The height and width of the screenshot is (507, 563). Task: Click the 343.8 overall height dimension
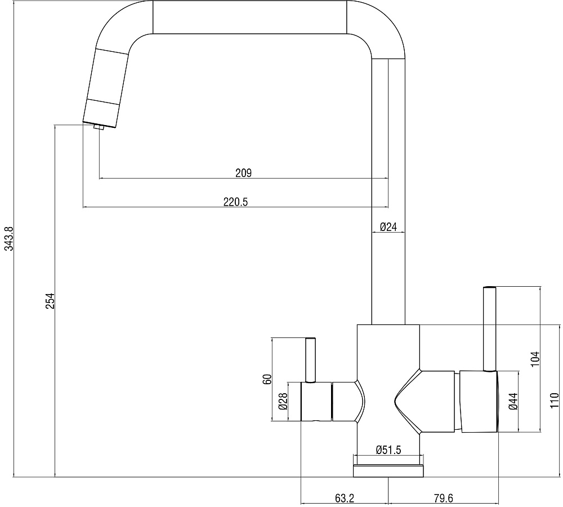tap(8, 239)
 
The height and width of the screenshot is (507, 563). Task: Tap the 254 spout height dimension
tap(50, 301)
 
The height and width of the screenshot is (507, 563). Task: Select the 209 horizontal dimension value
tap(243, 173)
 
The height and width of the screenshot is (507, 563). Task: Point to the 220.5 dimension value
tap(235, 202)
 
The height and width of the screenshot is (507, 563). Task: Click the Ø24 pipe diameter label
tap(388, 226)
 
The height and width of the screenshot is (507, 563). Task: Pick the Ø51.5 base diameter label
tap(388, 450)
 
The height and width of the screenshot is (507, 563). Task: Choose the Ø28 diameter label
tap(283, 401)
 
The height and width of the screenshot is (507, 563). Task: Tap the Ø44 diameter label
tap(513, 401)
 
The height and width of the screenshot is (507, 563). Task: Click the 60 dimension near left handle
tap(267, 380)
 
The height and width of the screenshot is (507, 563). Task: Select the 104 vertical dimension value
tap(535, 359)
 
